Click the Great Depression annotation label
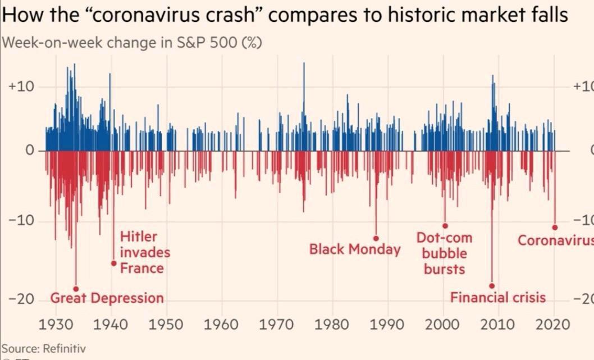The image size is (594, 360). pos(107,298)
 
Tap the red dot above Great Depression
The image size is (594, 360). pos(76,289)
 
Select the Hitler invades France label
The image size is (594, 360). pos(144,252)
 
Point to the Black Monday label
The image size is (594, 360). pos(355,249)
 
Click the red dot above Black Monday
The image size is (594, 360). pos(376,238)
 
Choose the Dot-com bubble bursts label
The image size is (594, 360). pos(444,253)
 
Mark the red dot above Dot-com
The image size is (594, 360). pos(445,226)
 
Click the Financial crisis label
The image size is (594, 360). pos(497,297)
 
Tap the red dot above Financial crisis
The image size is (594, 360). pos(492,286)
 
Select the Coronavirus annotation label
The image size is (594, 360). pos(555,240)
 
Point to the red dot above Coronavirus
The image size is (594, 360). pos(555,227)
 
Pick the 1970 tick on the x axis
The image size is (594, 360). pos(277,325)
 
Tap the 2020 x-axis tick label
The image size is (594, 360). pos(552,325)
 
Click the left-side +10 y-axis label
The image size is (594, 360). pos(22,87)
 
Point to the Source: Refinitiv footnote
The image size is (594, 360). pos(44,348)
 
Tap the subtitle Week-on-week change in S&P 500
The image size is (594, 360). pos(133,43)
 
